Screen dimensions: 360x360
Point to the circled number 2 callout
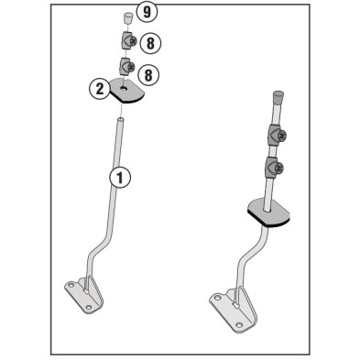(98, 89)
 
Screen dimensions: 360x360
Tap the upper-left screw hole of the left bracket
(71, 287)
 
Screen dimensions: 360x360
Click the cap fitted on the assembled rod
(276, 95)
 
